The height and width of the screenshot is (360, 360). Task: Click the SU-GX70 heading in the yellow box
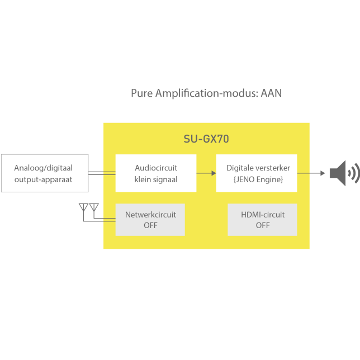206,139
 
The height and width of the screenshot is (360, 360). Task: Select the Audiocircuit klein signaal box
156,173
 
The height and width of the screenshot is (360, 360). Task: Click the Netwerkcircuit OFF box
150,220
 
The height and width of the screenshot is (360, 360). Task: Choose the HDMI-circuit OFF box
262,220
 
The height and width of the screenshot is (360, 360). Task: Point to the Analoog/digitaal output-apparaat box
44,173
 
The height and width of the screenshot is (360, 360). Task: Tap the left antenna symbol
84,209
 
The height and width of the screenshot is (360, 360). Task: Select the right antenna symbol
93,209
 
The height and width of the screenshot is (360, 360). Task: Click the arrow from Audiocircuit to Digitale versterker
206,173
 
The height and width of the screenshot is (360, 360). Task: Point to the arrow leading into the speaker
311,173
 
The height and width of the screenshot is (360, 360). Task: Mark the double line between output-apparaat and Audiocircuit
102,173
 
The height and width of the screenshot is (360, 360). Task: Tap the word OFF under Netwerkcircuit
150,225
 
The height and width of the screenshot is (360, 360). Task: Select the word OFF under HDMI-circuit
263,225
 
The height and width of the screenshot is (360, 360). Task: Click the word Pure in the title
141,93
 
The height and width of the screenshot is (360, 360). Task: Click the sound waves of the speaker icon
353,173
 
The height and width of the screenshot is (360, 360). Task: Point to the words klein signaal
156,179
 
